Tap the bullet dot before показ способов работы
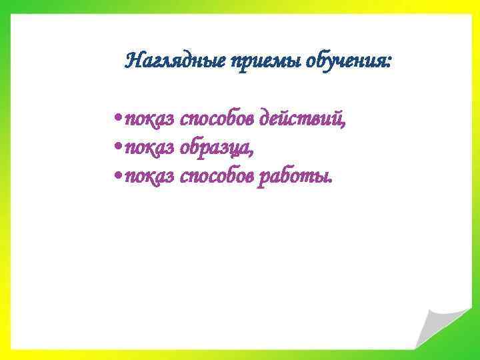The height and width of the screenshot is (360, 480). coord(117,177)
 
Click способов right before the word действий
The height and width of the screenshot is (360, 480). coord(217,121)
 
